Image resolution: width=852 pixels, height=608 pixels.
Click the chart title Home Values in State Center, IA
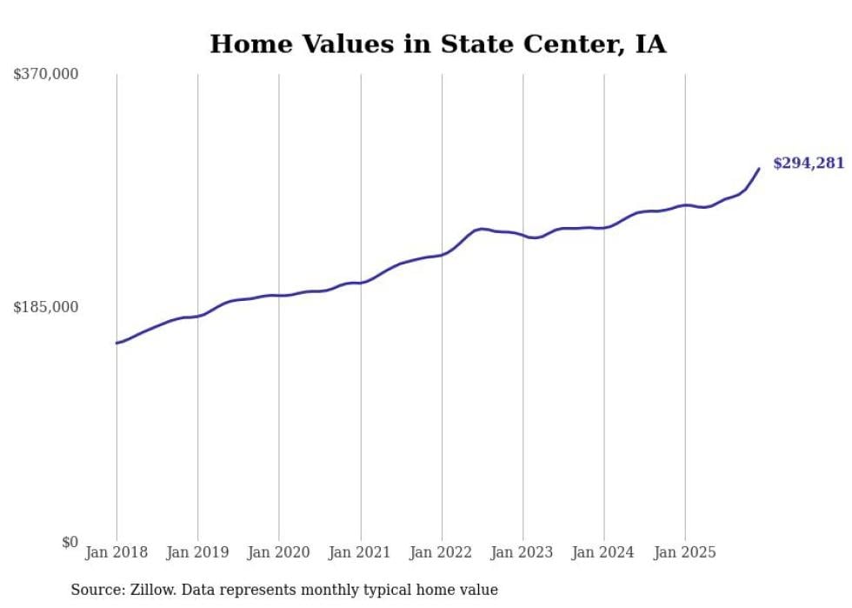tap(438, 43)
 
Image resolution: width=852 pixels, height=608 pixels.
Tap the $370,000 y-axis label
tap(46, 75)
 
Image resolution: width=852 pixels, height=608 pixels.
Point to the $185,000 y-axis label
tap(46, 307)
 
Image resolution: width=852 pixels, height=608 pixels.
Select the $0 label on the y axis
tap(70, 542)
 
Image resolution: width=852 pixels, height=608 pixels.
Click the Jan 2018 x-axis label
tap(116, 553)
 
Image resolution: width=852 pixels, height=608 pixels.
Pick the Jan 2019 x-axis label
tap(198, 553)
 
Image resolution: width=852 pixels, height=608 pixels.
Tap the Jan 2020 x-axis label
tap(279, 553)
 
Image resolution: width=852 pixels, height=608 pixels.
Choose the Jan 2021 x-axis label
tap(361, 553)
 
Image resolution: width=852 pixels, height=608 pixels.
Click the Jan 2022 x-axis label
tap(442, 553)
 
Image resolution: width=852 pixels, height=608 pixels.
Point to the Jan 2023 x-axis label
tap(523, 553)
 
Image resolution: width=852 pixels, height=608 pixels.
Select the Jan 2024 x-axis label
tap(604, 553)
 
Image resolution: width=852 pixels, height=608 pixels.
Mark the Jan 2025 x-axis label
tap(686, 553)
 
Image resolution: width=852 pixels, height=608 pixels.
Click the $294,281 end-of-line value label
tap(809, 164)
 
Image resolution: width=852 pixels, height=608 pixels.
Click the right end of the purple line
tap(759, 169)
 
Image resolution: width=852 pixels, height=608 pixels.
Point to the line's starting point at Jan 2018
tap(116, 343)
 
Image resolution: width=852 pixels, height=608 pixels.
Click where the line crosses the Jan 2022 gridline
tap(442, 254)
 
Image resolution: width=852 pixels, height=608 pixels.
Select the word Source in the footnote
tap(95, 591)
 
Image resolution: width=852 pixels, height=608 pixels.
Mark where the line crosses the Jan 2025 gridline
tap(686, 204)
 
